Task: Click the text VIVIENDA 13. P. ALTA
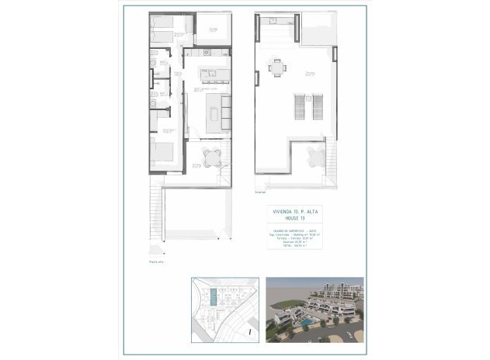296,210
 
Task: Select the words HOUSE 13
296,217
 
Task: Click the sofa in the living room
226,112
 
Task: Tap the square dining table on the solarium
276,68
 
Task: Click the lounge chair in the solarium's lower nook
313,161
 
